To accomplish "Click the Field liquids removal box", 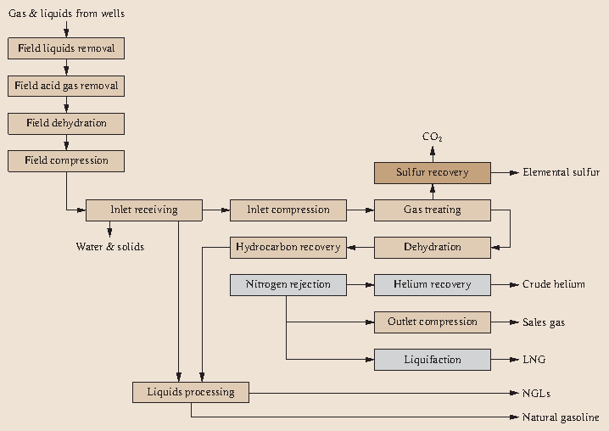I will point(66,48).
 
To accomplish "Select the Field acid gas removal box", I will point(66,86).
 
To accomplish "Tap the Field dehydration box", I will point(66,123).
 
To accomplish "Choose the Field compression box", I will point(66,160).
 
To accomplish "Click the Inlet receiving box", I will point(144,210).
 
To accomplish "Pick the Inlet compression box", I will point(288,210).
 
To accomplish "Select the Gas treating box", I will point(433,210).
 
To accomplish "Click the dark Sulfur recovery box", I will point(433,172).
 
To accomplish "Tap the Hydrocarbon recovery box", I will point(288,247).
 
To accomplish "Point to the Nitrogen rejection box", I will point(288,284).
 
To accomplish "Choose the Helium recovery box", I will point(433,284).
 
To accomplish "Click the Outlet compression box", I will point(433,322).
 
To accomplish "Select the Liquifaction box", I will point(433,359).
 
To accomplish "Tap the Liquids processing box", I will point(191,391).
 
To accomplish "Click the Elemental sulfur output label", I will point(561,172).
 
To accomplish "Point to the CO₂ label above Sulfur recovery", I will point(433,137).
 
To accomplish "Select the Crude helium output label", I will point(553,284).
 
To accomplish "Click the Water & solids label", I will point(110,247).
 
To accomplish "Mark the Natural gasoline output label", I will point(561,417).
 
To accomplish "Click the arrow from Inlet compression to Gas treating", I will point(360,210).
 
